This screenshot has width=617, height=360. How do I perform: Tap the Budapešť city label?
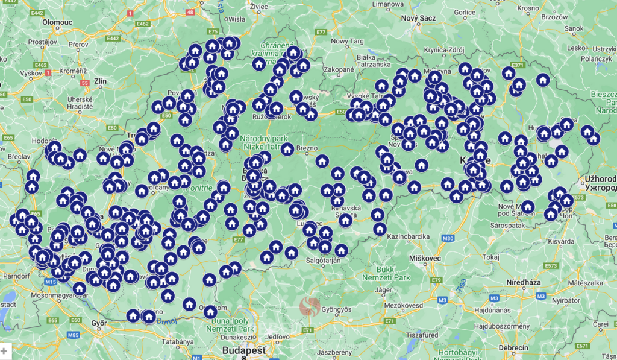coord(244,350)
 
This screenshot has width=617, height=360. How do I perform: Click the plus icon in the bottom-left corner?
coord(4,350)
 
